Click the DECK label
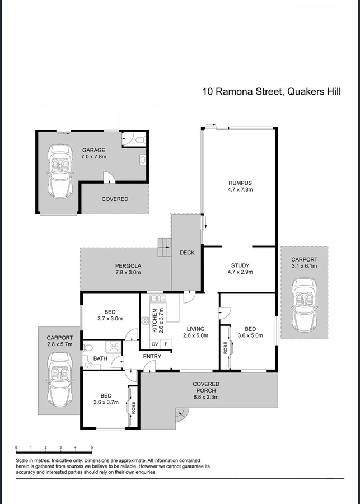tap(187, 253)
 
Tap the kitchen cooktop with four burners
tap(145, 321)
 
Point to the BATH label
tap(100, 358)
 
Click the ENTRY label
tap(152, 357)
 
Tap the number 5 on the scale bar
tap(92, 447)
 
